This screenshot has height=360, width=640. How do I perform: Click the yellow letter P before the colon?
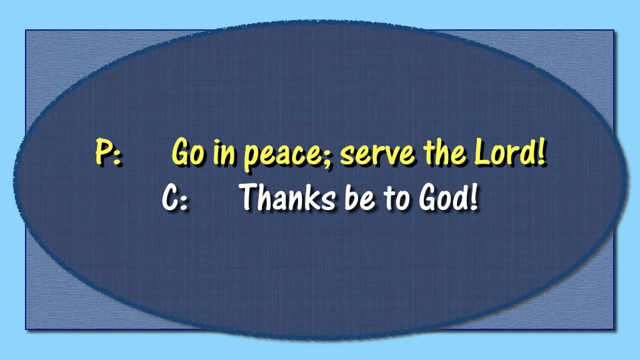tap(102, 153)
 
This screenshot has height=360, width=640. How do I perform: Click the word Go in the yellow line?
tap(186, 154)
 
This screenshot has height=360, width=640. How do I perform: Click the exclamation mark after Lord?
tap(541, 152)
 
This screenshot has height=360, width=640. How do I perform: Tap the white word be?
tap(356, 198)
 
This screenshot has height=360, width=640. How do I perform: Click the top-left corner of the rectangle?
tap(26, 31)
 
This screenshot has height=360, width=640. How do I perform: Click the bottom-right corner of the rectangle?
tap(614, 329)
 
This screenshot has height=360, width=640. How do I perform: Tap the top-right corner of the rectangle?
tap(614, 31)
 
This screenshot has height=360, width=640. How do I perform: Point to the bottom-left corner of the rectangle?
tap(26, 329)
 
